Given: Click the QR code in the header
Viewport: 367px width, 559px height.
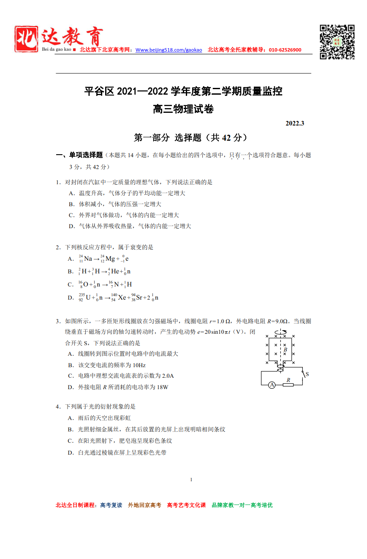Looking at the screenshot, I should tap(337, 42).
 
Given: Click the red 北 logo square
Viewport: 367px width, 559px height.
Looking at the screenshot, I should tap(26, 39).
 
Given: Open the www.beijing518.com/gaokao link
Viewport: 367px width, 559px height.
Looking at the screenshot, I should tap(169, 50).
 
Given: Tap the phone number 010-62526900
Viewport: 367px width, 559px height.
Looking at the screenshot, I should tap(284, 50).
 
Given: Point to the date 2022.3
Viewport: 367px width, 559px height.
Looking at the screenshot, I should tap(295, 123).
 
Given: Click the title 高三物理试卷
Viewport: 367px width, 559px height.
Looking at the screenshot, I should tap(183, 109).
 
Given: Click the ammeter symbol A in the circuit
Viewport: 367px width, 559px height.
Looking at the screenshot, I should tap(272, 384).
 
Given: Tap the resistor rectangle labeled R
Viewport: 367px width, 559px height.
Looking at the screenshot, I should tap(288, 384).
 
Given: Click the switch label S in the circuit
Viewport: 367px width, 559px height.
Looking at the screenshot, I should tap(307, 374).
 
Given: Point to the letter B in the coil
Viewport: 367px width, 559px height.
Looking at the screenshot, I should tap(285, 349).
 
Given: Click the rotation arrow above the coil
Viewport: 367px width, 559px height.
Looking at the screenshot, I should tap(280, 332).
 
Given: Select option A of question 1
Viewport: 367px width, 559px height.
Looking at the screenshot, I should tap(71, 194).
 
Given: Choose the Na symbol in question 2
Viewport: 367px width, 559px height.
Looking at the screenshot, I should tap(88, 259).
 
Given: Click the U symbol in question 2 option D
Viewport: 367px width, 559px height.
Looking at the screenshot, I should tap(88, 297).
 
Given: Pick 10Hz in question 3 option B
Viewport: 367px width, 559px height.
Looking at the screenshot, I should tap(139, 365).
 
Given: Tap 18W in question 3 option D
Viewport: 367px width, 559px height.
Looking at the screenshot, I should tap(162, 387).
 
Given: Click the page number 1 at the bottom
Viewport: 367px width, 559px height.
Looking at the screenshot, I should tap(191, 480).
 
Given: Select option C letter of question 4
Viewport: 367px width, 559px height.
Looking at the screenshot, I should tap(71, 441).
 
